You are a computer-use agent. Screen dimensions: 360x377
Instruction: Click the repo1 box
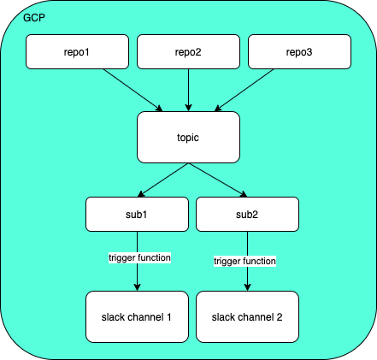point(77,51)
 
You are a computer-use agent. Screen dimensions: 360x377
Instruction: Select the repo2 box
point(188,51)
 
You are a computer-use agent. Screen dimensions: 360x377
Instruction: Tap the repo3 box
point(299,51)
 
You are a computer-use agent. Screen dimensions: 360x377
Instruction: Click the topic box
point(188,137)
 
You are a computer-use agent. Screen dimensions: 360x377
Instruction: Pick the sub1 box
point(137,214)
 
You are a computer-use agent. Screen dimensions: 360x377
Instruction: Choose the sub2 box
point(248,214)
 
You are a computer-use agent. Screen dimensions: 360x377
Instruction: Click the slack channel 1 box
point(137,316)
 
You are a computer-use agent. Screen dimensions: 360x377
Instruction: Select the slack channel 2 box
point(248,316)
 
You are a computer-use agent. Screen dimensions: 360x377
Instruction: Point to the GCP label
point(34,18)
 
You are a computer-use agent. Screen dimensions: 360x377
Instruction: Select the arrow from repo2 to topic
point(188,90)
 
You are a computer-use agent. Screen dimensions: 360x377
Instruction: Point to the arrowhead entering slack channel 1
point(137,287)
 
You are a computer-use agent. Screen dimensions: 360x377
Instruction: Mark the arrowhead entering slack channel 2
point(248,287)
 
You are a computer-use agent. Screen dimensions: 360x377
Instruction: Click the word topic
point(188,137)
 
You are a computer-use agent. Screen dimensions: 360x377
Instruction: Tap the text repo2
point(188,51)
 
